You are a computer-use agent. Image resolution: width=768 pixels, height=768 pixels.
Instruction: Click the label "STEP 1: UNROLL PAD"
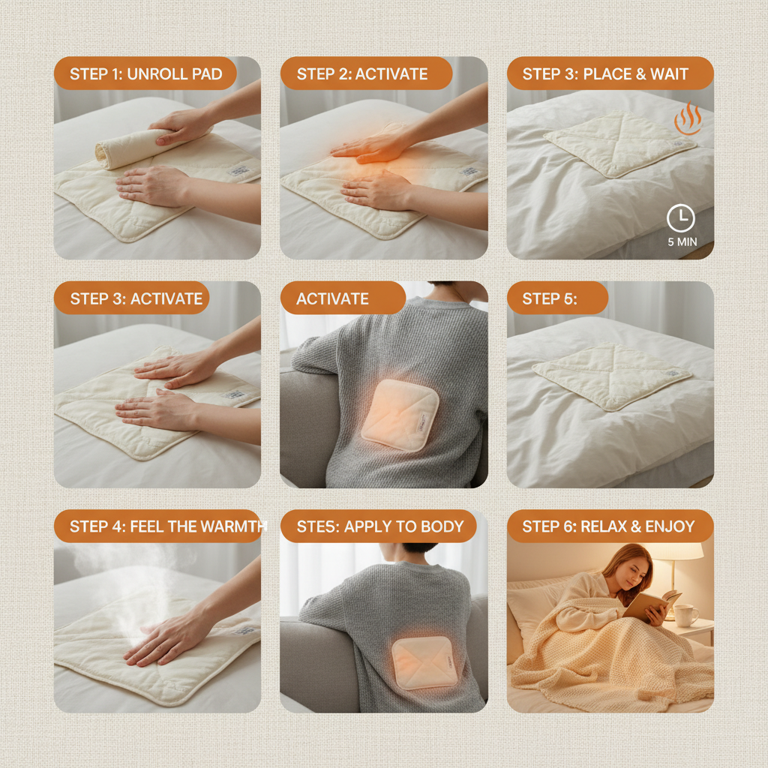click(145, 74)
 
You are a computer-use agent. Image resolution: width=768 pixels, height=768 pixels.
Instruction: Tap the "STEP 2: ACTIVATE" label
click(362, 74)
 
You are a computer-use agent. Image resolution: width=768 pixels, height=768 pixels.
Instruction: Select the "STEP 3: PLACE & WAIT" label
click(605, 74)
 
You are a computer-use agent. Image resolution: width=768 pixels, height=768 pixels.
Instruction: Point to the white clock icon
click(680, 218)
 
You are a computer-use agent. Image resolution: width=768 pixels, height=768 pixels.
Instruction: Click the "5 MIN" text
click(680, 242)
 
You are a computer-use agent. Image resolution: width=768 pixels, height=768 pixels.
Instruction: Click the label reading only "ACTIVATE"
click(332, 298)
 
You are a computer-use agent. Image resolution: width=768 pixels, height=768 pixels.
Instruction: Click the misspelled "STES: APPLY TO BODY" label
click(379, 526)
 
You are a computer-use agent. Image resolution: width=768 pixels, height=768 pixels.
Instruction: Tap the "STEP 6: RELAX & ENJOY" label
click(608, 526)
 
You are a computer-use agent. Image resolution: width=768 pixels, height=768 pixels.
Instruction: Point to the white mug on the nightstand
click(685, 615)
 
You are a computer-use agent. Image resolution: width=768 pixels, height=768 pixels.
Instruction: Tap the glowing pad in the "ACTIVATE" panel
click(399, 414)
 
